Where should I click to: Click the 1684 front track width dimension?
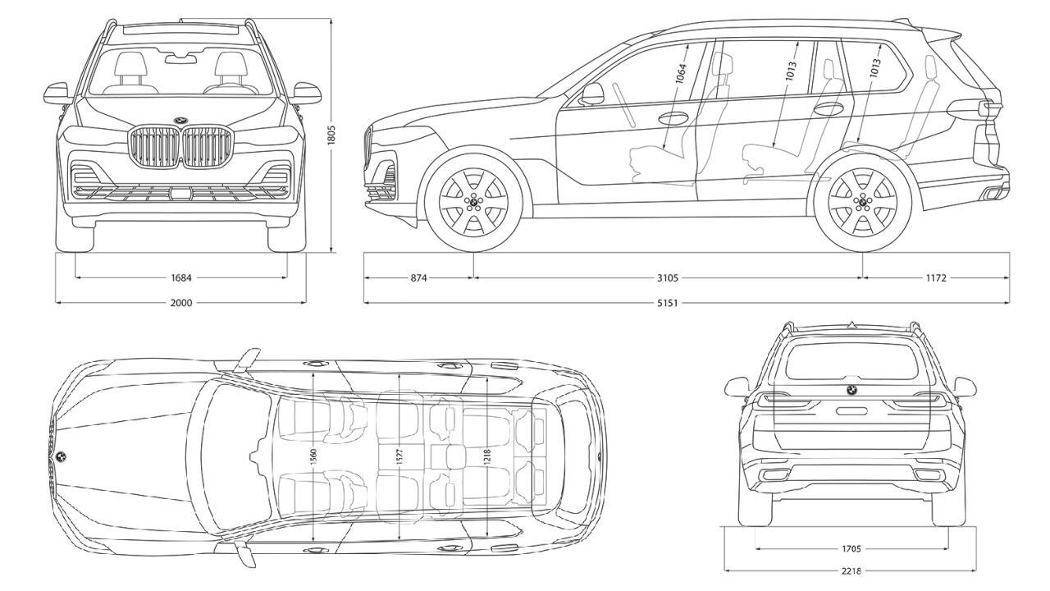[181, 277]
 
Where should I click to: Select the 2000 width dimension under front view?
[181, 303]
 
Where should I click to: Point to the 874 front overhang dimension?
[418, 277]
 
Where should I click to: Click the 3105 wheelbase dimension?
[667, 277]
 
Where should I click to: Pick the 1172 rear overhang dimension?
[936, 277]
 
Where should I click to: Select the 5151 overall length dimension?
[667, 303]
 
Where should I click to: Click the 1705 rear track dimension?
[851, 548]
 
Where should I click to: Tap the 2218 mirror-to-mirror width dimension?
[851, 570]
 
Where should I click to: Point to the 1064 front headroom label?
[681, 74]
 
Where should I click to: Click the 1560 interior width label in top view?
[314, 456]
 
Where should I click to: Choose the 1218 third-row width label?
[486, 456]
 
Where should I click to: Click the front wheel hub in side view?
[472, 201]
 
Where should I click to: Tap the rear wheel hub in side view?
[861, 201]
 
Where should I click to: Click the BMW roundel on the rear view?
[851, 390]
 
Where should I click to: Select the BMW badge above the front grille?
[180, 121]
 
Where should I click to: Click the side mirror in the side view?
[592, 94]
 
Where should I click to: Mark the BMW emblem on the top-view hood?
[62, 456]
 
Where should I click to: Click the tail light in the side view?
[976, 108]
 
